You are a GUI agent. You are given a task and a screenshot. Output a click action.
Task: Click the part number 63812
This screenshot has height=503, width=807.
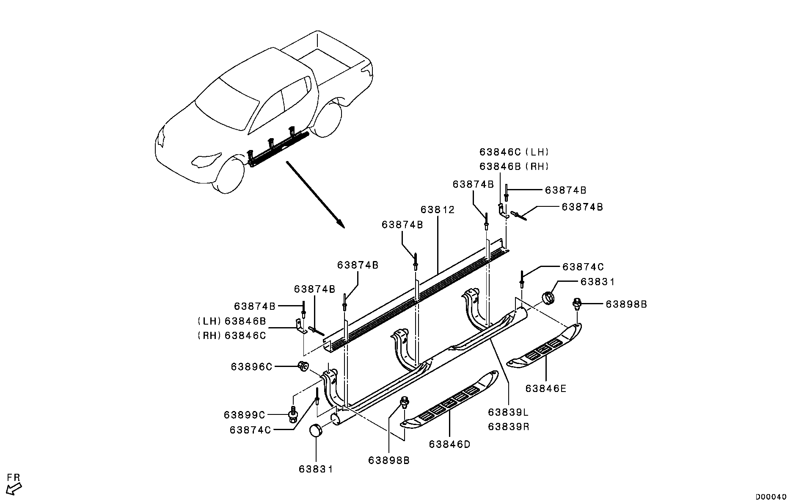point(438,210)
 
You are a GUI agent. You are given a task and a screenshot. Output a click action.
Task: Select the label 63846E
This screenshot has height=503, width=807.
point(545,389)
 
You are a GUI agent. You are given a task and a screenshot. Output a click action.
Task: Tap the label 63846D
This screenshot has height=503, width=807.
point(449,444)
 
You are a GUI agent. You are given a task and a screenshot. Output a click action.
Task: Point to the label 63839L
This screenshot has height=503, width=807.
point(508,412)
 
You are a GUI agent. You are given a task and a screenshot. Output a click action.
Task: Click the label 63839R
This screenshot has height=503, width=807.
point(508,427)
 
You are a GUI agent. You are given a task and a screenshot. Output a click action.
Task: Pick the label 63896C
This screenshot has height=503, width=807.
point(251,367)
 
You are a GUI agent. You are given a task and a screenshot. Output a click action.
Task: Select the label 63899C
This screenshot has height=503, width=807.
point(244,414)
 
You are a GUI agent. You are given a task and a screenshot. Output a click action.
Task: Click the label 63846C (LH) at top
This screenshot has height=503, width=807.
point(514,152)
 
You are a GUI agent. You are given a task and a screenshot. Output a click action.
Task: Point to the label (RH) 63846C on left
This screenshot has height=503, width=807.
point(232,336)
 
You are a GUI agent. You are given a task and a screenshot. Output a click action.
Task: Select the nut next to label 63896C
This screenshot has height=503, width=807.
point(303,366)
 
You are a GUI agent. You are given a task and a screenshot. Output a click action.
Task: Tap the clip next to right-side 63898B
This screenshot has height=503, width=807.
point(577,303)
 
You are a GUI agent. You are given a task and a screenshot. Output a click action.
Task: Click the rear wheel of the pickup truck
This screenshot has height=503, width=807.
point(328,119)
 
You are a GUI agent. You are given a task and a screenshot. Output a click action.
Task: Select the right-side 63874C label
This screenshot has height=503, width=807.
point(583,267)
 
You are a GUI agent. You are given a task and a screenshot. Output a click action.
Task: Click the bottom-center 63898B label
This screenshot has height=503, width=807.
point(388,461)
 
